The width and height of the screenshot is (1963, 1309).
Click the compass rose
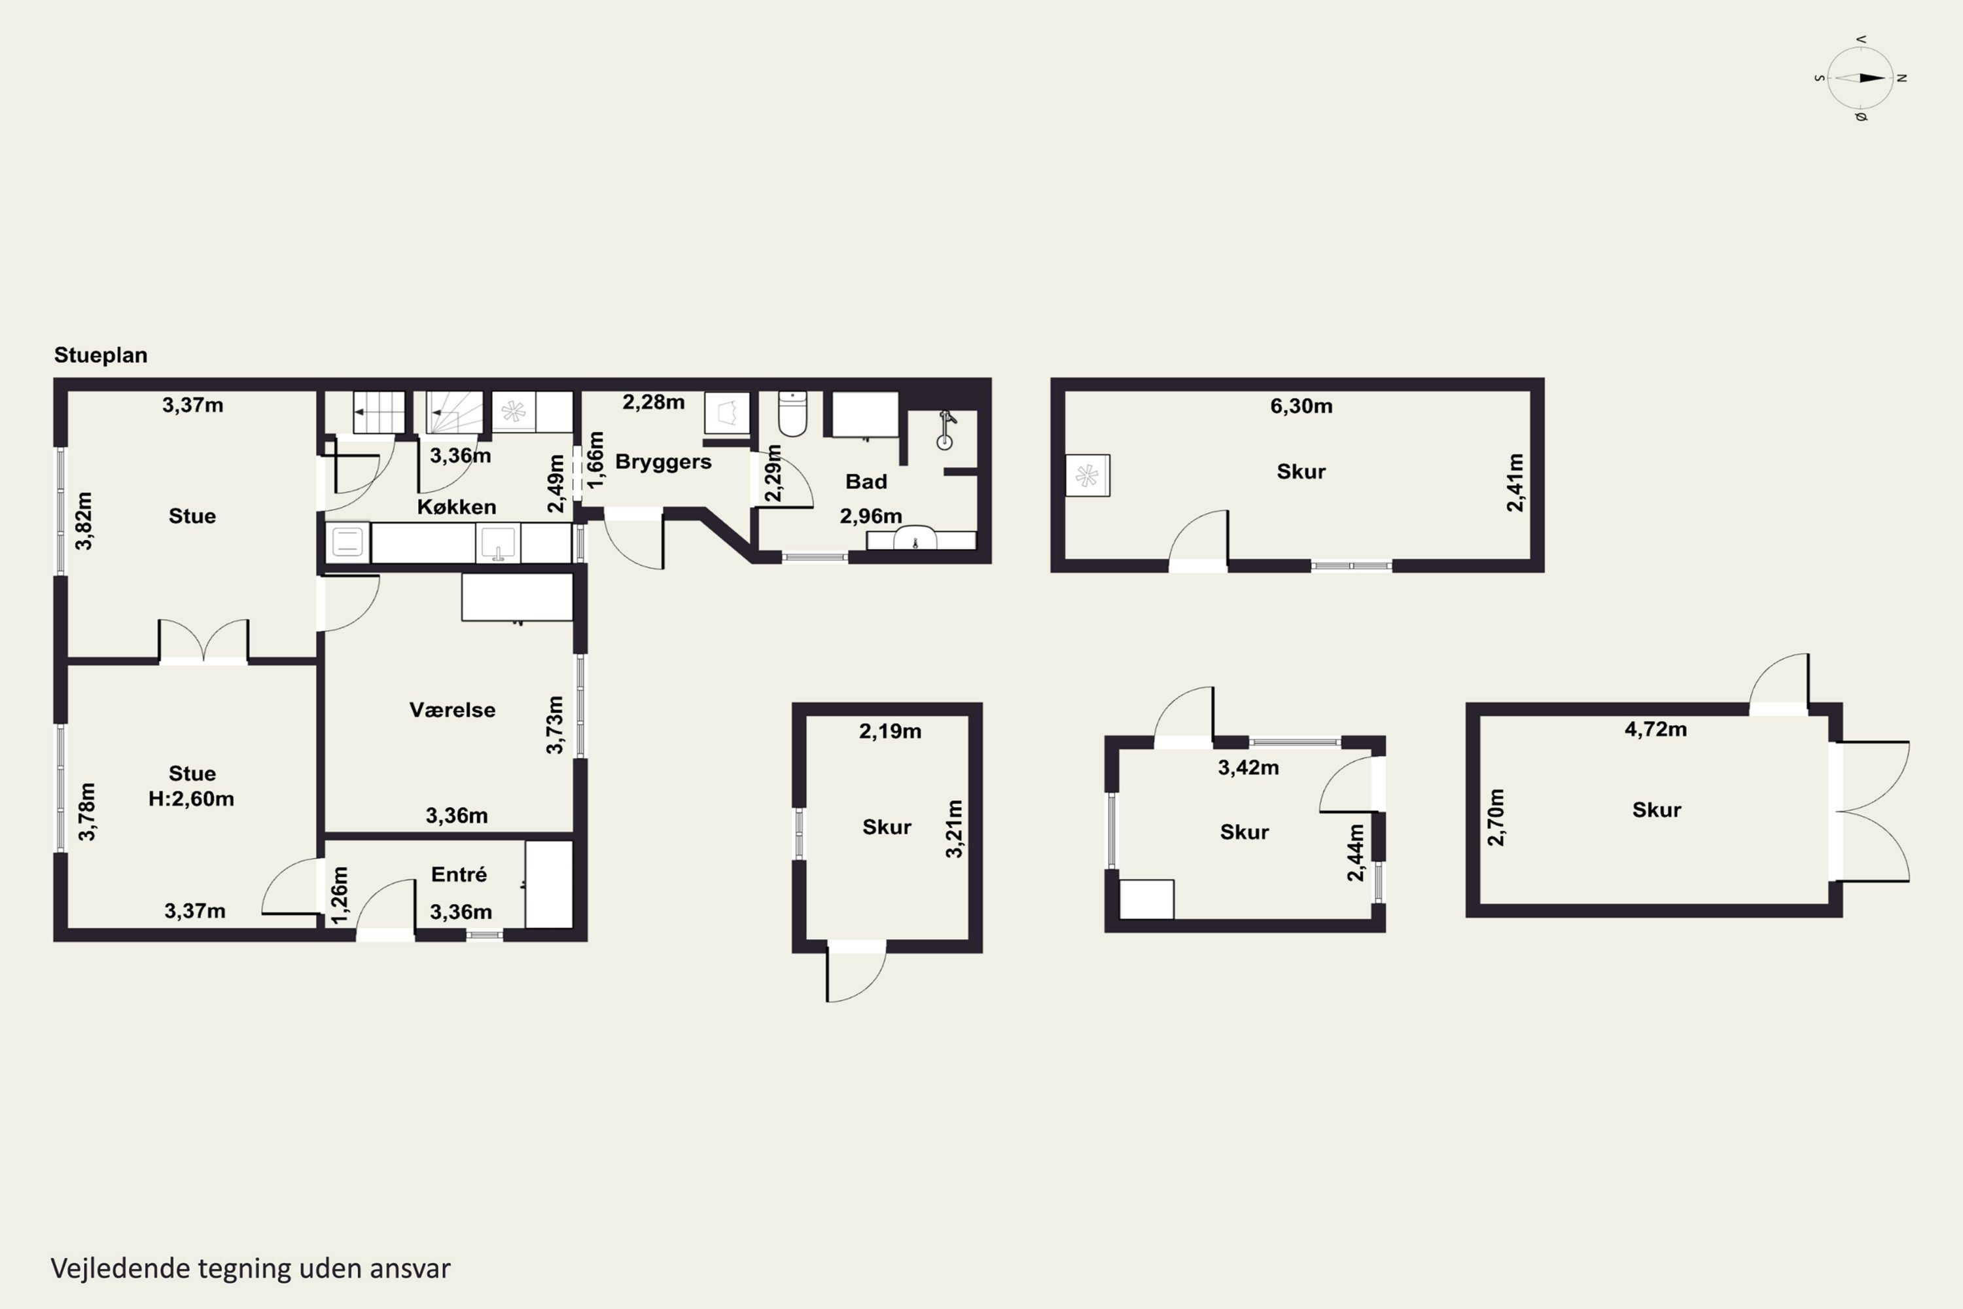(x=1860, y=79)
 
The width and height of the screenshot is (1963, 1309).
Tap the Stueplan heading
(x=101, y=355)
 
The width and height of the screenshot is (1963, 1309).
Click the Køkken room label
(x=457, y=507)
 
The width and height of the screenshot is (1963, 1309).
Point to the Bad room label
(x=866, y=482)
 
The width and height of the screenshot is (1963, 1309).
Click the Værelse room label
(x=452, y=709)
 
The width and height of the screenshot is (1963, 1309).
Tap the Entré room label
(x=459, y=874)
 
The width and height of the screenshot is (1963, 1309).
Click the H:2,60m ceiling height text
(x=191, y=799)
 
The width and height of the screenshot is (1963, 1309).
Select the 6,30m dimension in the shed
(x=1301, y=406)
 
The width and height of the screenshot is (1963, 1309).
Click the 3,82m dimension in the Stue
(x=84, y=521)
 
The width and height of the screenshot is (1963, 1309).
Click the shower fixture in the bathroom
(x=946, y=429)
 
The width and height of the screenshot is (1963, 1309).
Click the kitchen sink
(x=498, y=543)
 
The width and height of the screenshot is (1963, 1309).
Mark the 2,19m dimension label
(x=891, y=731)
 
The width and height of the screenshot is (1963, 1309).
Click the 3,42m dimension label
(x=1248, y=767)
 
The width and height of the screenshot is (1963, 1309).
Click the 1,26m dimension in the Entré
(x=340, y=895)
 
